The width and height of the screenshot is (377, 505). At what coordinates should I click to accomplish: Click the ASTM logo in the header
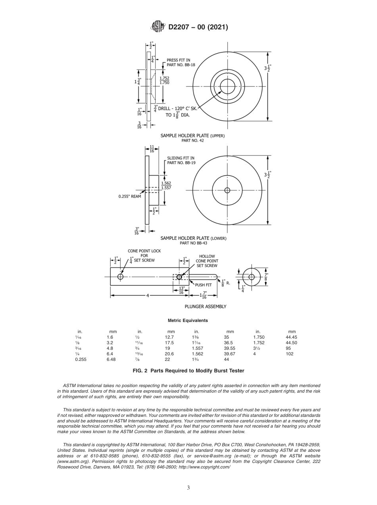[158, 27]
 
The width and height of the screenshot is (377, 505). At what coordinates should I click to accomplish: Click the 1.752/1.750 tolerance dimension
[164, 80]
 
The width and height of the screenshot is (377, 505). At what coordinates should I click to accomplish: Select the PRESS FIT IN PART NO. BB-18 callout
[181, 62]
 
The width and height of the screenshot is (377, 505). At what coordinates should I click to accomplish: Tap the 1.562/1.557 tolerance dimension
[166, 185]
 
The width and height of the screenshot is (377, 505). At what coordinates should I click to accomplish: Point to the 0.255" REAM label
[130, 196]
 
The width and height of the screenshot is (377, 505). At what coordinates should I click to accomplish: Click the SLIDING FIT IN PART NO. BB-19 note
[181, 160]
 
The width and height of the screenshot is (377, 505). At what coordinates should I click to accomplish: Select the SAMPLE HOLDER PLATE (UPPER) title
[192, 136]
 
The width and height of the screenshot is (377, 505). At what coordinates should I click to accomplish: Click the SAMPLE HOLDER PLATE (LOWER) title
[193, 238]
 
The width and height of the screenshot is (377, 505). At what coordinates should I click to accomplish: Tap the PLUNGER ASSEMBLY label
[206, 306]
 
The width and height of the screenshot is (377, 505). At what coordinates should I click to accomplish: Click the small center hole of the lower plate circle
[227, 190]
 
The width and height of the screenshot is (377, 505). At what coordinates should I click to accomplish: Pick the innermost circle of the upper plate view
[227, 86]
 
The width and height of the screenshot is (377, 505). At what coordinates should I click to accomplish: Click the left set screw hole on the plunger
[120, 277]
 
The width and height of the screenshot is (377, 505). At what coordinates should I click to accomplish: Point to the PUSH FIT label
[203, 285]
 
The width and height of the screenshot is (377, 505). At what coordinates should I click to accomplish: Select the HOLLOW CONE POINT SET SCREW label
[207, 261]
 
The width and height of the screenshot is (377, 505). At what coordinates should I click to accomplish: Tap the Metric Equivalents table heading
[188, 320]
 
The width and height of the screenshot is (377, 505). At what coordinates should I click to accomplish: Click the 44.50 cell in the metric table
[291, 343]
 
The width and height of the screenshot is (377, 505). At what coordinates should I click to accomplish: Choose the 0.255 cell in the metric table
[81, 359]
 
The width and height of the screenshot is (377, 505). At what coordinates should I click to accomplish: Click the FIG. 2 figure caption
[188, 371]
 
